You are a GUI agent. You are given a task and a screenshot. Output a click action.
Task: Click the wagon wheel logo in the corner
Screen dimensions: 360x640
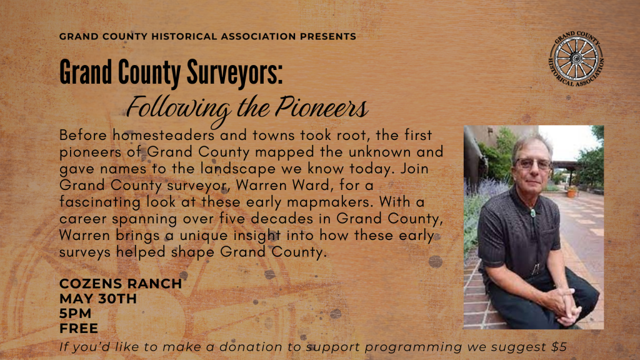click(577, 59)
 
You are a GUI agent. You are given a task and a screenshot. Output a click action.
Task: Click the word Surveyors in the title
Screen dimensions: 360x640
click(232, 74)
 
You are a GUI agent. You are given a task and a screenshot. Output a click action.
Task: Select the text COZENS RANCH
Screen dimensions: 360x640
click(120, 284)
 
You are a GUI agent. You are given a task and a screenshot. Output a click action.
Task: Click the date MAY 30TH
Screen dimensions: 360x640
click(97, 299)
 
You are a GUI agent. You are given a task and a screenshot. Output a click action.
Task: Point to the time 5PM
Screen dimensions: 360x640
click(76, 313)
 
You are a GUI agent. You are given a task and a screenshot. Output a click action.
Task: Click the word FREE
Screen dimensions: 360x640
click(79, 327)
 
